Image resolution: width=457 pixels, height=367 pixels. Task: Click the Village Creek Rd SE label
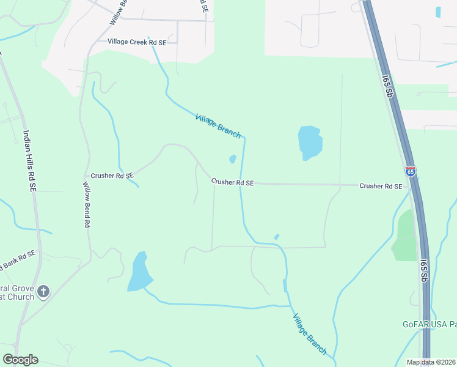click(x=137, y=42)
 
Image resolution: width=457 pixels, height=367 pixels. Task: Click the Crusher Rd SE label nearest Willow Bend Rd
click(x=112, y=176)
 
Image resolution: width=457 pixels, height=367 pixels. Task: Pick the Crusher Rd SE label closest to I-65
click(x=381, y=186)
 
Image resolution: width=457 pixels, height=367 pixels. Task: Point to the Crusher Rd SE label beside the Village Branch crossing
click(x=232, y=182)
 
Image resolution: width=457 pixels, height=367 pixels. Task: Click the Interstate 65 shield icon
click(x=410, y=172)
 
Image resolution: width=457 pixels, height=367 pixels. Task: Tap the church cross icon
click(x=43, y=291)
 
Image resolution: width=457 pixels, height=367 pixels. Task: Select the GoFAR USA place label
click(x=429, y=325)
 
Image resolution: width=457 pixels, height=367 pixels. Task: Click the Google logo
click(x=20, y=360)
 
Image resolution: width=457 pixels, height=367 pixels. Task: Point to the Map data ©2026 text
click(x=431, y=362)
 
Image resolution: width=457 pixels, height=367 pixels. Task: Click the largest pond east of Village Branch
click(x=309, y=143)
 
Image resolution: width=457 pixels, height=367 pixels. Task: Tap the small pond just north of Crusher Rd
click(x=232, y=160)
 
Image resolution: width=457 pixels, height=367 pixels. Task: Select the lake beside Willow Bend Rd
click(x=139, y=272)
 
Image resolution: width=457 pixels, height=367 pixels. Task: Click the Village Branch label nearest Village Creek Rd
click(x=218, y=125)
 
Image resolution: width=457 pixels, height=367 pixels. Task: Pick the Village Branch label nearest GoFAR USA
click(x=310, y=334)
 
